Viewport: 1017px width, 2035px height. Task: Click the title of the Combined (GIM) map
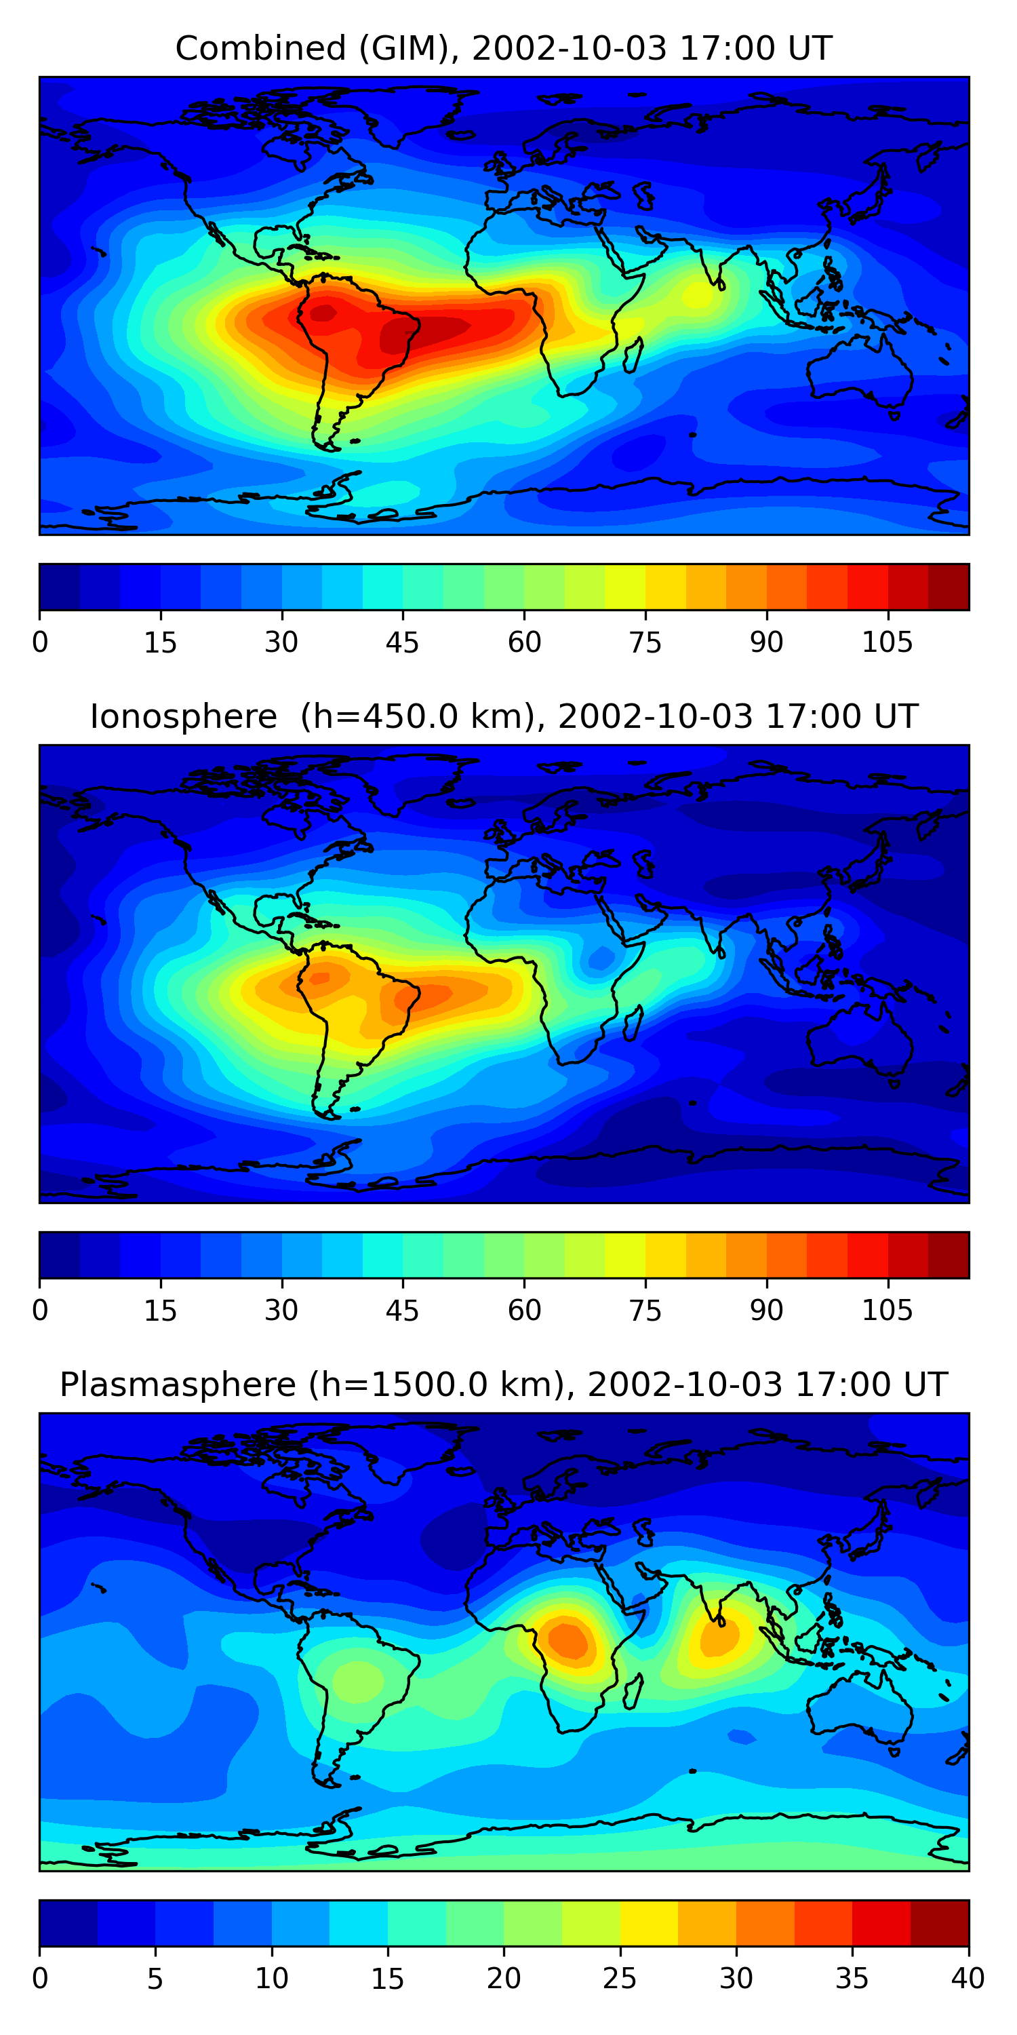tap(503, 48)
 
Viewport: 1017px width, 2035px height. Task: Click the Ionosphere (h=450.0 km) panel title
tap(503, 716)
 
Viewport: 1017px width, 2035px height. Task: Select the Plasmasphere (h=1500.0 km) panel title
tap(503, 1385)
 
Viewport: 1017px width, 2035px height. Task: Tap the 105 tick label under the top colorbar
tap(887, 642)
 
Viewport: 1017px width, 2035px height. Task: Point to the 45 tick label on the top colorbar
tap(402, 642)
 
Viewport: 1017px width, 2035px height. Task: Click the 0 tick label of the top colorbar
tap(40, 642)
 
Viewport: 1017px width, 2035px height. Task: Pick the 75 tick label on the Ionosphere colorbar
tap(645, 1311)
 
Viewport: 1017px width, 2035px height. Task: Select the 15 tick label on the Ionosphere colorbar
tap(160, 1311)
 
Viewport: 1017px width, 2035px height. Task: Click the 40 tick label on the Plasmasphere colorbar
tap(968, 1979)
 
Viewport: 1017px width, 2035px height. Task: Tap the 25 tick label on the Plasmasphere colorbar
tap(619, 1979)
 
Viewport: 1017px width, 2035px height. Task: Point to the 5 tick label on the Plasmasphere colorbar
tap(155, 1979)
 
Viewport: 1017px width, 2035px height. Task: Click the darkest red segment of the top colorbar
tap(949, 587)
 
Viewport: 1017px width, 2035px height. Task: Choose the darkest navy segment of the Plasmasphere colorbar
tap(68, 1924)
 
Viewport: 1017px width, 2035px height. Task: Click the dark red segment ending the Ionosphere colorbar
tap(949, 1256)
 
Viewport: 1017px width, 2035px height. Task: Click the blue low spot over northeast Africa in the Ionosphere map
tap(601, 959)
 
